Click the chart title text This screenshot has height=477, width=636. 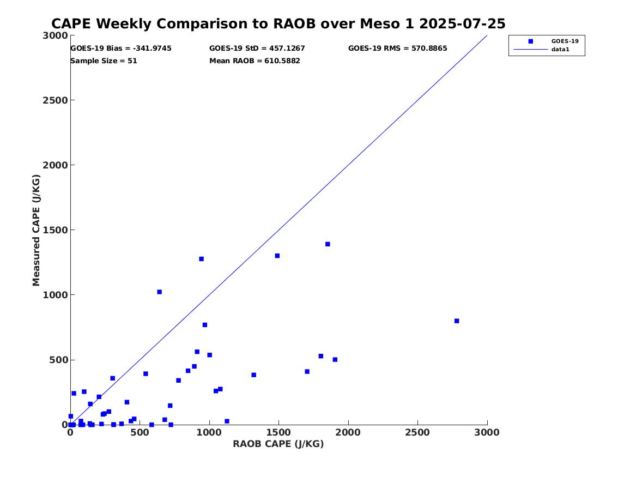[278, 24]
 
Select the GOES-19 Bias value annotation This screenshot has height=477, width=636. [121, 49]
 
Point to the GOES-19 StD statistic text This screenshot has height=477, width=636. [257, 49]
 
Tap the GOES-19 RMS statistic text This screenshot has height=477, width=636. [398, 49]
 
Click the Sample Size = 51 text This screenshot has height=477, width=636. [104, 61]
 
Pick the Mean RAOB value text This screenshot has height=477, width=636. [255, 61]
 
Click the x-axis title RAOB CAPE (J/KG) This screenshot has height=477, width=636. [278, 444]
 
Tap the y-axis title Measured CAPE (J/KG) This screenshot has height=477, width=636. [37, 230]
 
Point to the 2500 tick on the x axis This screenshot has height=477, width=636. [417, 433]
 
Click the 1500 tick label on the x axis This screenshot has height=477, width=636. [278, 433]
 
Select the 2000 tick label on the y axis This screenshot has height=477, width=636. [57, 165]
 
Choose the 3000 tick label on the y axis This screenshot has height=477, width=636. [57, 35]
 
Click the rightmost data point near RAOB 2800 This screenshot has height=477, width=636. [457, 321]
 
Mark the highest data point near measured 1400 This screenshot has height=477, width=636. [328, 244]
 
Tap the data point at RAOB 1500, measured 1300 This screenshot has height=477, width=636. [277, 256]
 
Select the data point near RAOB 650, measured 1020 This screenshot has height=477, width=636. [159, 292]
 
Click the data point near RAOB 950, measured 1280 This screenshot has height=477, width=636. [201, 259]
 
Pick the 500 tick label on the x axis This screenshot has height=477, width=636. [140, 433]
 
